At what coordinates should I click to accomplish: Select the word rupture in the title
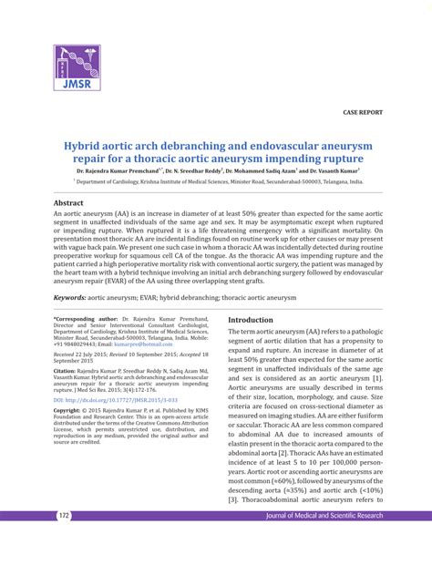(346, 159)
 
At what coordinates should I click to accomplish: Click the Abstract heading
(68, 202)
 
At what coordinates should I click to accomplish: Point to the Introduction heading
(250, 320)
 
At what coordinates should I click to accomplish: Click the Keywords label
(75, 297)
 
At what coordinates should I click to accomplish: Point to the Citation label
(68, 372)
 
